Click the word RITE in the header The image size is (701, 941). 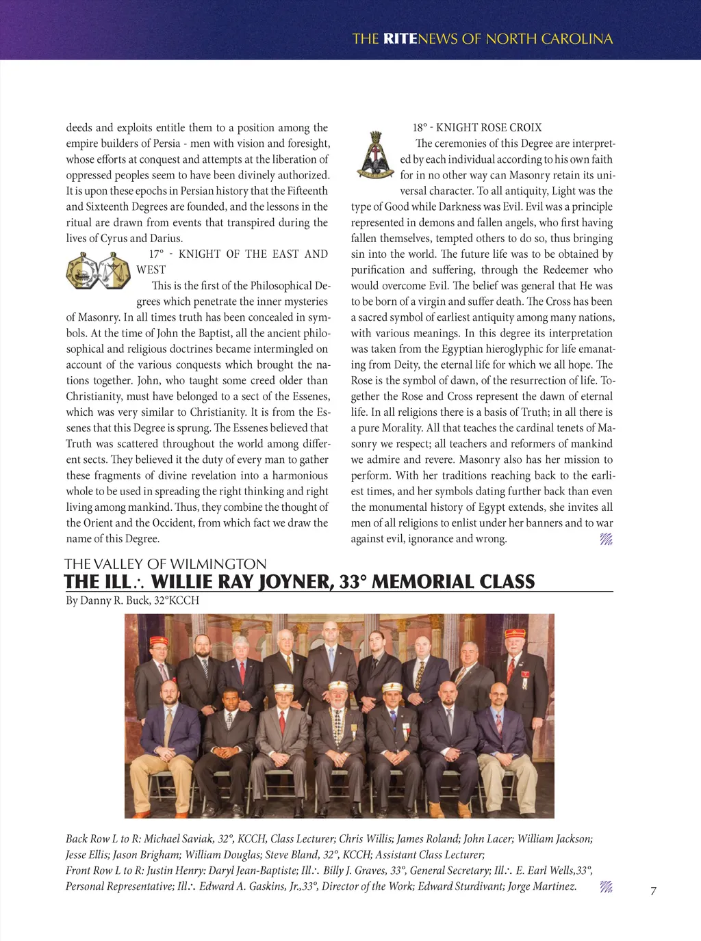tap(400, 39)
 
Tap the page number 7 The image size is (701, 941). tap(653, 891)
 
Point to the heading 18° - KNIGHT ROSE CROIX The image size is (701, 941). tap(476, 128)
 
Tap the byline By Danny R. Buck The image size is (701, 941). tap(132, 600)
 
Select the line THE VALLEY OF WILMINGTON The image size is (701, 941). tap(165, 564)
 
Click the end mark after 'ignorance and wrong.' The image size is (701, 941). tap(606, 539)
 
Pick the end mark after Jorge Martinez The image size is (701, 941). tap(606, 887)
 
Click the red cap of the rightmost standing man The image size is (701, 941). tap(515, 633)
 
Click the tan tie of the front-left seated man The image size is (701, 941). tap(168, 725)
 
